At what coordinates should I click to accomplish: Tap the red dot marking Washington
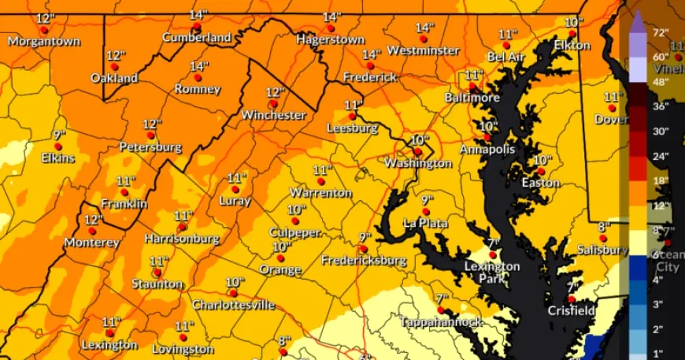(x=417, y=151)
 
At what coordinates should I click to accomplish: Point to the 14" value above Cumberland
(x=198, y=15)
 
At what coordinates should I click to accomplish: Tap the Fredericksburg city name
(x=363, y=260)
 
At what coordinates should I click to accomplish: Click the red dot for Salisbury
(x=602, y=238)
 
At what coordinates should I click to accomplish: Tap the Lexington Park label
(x=491, y=273)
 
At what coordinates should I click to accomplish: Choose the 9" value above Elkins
(x=59, y=135)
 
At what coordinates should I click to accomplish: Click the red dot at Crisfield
(x=572, y=299)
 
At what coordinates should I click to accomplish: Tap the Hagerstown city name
(x=331, y=39)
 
